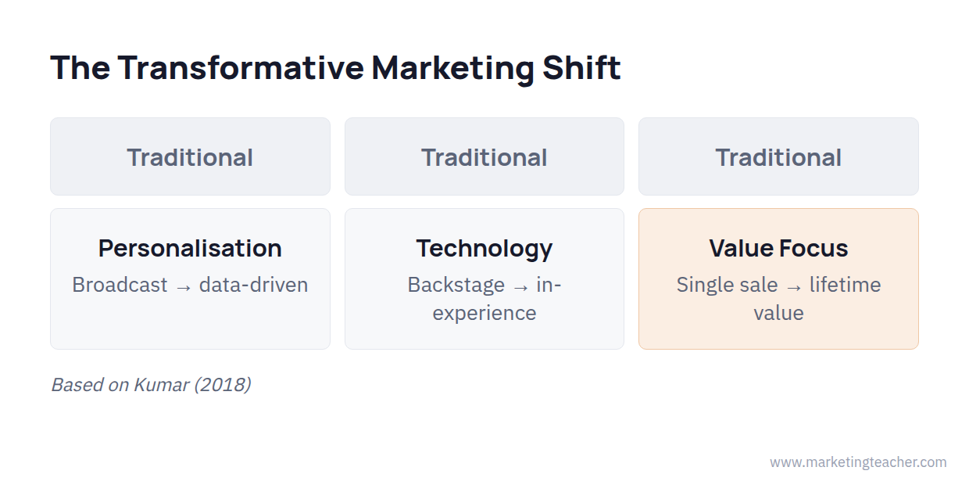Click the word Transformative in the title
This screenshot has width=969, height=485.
241,68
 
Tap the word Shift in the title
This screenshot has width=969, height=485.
581,68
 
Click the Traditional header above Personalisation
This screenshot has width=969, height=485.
190,157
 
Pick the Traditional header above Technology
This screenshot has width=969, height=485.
484,157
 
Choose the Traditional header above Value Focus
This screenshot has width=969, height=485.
778,157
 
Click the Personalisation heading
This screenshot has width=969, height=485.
190,249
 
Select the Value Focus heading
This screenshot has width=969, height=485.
778,249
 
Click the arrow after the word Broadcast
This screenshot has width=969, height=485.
184,288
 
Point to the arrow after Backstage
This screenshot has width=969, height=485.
520,288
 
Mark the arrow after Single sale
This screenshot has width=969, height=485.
794,288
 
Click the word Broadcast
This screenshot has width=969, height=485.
120,285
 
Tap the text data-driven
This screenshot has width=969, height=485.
253,285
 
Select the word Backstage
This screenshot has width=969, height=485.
456,286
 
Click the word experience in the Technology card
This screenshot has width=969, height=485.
484,314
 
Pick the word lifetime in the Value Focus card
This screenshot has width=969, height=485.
846,285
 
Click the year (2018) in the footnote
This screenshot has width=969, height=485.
223,385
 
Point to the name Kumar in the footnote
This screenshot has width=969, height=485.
161,385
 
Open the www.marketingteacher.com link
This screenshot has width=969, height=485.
858,462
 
